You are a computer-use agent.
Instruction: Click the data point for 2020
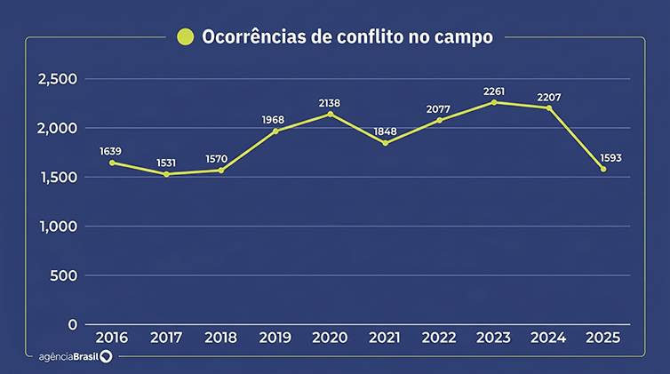click(x=330, y=115)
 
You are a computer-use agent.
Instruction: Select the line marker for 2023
click(x=494, y=102)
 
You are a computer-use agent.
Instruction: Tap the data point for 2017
click(x=166, y=174)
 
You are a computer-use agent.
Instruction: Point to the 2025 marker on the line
click(x=603, y=169)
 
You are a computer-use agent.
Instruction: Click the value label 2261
click(x=494, y=91)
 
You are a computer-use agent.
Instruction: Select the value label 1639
click(x=112, y=151)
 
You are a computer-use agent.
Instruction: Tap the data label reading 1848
click(x=385, y=131)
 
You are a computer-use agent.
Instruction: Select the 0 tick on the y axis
click(x=73, y=324)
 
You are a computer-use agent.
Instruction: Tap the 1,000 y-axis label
click(x=59, y=227)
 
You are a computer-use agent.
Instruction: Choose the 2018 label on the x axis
click(x=221, y=338)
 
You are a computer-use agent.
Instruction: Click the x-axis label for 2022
click(x=440, y=338)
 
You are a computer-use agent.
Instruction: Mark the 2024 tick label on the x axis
click(x=548, y=338)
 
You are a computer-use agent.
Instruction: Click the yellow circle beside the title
click(x=185, y=36)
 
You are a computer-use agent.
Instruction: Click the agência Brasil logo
click(x=76, y=356)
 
